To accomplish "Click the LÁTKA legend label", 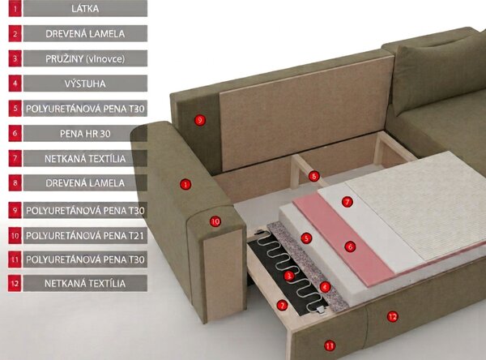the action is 85,8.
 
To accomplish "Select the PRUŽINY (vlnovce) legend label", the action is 85,58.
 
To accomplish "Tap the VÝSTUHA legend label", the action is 85,84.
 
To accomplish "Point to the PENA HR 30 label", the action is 85,134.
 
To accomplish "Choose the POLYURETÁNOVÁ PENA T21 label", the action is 85,236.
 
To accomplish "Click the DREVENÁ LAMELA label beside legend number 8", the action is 85,182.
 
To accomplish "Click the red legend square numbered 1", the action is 15,8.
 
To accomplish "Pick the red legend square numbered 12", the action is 15,283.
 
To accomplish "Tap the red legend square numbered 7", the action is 15,158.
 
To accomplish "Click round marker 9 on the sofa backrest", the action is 200,120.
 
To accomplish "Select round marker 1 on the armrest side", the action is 185,184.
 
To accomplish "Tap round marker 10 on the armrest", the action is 215,221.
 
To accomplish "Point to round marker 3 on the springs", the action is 289,276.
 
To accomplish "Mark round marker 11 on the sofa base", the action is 330,345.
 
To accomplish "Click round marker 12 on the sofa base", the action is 392,316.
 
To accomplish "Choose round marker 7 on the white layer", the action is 347,202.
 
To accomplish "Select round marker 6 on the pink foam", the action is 350,246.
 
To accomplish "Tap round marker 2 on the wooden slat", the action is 282,305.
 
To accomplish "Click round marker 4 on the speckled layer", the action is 325,287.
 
